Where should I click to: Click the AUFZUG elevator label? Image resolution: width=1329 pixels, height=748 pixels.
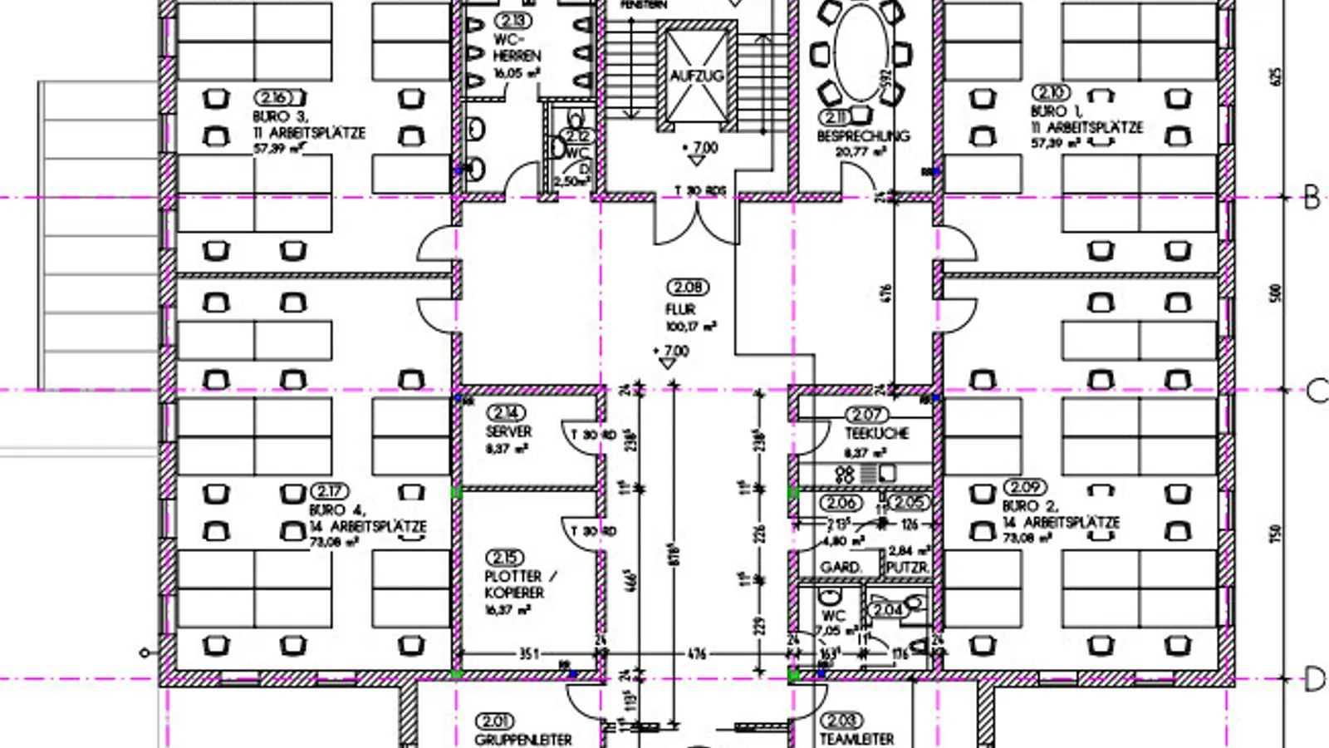[x=696, y=76]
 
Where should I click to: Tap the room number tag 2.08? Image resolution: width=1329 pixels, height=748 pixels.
[x=688, y=288]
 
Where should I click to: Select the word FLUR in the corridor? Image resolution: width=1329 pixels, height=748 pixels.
[x=679, y=308]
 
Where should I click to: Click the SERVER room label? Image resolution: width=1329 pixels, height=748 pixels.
[x=508, y=431]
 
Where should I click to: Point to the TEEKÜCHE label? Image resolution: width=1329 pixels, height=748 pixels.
[x=876, y=433]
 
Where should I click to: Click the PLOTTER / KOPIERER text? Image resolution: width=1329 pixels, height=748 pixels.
[x=519, y=584]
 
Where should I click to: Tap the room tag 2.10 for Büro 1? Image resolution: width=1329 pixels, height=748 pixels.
[x=1051, y=91]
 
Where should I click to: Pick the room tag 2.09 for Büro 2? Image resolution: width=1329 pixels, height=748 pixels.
[x=1025, y=487]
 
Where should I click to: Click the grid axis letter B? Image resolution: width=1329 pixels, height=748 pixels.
[x=1312, y=198]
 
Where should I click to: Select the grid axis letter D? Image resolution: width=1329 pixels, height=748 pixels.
[x=1313, y=680]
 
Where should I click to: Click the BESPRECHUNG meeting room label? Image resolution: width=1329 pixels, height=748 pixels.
[x=863, y=135]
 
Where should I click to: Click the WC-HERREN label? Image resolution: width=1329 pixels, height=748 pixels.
[x=516, y=47]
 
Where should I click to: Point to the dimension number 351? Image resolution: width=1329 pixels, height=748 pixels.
[x=529, y=654]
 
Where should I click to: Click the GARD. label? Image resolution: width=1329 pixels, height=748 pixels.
[x=841, y=567]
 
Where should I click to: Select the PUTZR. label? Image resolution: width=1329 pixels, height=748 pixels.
[x=907, y=568]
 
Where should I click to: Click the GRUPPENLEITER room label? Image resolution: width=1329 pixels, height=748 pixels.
[x=523, y=739]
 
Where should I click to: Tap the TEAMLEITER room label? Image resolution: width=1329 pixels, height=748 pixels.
[x=856, y=738]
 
